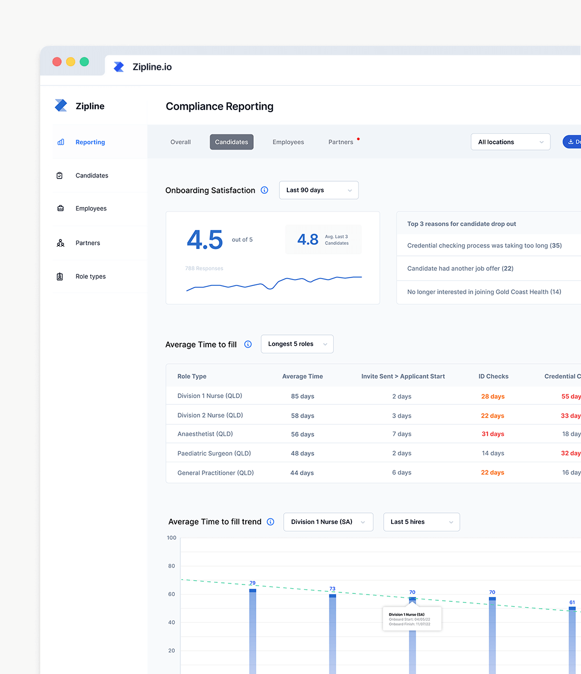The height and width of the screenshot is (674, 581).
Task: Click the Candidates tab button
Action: pyautogui.click(x=232, y=142)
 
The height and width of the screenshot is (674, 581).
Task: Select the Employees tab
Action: pyautogui.click(x=288, y=142)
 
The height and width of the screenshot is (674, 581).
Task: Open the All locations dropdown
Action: pyautogui.click(x=510, y=142)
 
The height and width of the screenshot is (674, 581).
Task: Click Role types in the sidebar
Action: pyautogui.click(x=91, y=276)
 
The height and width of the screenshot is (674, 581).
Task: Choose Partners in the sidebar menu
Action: pyautogui.click(x=87, y=243)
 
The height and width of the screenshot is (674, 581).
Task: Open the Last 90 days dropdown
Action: pyautogui.click(x=318, y=190)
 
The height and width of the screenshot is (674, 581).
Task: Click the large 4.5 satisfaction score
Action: pyautogui.click(x=205, y=240)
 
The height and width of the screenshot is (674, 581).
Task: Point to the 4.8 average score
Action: pyautogui.click(x=308, y=240)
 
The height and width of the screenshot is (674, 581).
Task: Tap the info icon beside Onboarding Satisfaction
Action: pyautogui.click(x=265, y=190)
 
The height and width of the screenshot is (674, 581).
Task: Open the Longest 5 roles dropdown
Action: pyautogui.click(x=297, y=344)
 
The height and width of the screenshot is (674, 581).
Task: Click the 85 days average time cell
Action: pyautogui.click(x=303, y=397)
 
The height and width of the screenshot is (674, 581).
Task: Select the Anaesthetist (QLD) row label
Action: pyautogui.click(x=205, y=434)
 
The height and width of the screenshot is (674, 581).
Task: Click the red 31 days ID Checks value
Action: pyautogui.click(x=493, y=434)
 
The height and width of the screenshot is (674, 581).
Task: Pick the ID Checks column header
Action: pyautogui.click(x=493, y=376)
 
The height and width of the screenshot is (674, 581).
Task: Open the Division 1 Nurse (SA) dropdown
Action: pyautogui.click(x=328, y=522)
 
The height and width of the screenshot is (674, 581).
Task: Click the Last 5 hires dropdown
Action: pyautogui.click(x=421, y=522)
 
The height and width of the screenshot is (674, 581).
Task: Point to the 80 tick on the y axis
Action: pyautogui.click(x=172, y=566)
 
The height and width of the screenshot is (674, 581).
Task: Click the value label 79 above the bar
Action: pyautogui.click(x=253, y=583)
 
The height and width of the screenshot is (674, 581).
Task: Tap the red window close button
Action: pyautogui.click(x=57, y=62)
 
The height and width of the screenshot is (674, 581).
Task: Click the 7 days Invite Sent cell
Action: pyautogui.click(x=402, y=434)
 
